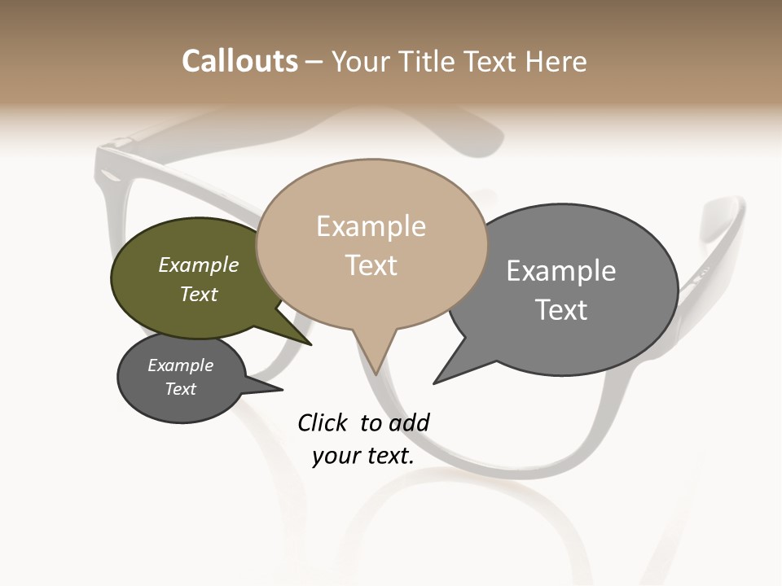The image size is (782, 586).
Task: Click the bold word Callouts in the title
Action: point(239,61)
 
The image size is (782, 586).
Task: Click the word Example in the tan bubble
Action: point(371,226)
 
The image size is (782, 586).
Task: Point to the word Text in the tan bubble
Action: point(371,265)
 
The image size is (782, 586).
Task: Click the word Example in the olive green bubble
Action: point(199,265)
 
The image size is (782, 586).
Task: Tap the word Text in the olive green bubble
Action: point(199,294)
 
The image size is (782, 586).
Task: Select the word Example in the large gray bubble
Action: point(561,270)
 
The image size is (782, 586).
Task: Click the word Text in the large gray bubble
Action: point(561,309)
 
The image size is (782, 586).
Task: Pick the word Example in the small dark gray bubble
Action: point(181,365)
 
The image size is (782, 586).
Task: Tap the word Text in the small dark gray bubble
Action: point(181,389)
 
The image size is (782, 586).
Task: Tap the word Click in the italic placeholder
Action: point(323,422)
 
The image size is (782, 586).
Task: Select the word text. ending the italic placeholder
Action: point(389,456)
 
